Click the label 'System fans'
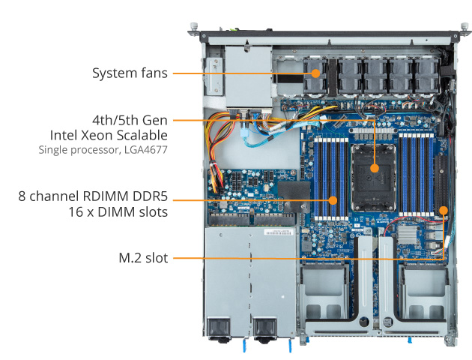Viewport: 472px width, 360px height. point(130,73)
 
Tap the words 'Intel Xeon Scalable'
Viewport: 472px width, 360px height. point(109,135)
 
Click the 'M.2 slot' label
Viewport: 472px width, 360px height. point(142,258)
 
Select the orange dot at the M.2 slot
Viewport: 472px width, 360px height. point(444,210)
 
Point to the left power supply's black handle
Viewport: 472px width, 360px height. point(218,328)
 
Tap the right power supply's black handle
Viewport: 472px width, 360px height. point(264,328)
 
